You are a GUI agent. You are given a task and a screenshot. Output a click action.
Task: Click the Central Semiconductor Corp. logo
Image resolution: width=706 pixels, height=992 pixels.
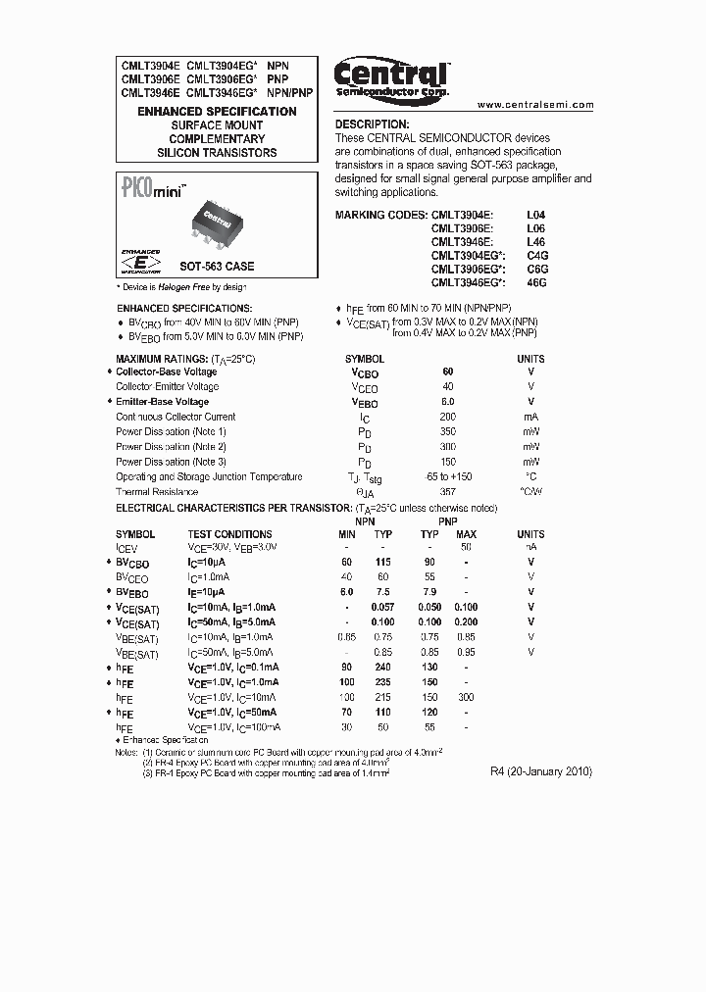(391, 77)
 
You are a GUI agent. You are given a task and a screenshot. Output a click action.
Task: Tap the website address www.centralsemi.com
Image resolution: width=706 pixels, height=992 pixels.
(536, 104)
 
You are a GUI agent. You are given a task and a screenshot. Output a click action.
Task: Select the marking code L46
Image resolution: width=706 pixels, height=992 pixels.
(535, 240)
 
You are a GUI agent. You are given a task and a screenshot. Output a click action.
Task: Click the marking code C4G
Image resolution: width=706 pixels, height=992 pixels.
(536, 254)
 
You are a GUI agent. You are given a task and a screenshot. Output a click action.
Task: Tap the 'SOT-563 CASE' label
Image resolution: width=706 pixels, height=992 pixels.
(217, 267)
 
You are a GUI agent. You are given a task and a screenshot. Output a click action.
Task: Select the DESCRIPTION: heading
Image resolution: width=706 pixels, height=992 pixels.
(372, 125)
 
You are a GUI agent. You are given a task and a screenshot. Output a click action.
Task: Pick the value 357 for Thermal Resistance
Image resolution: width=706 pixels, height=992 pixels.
(448, 492)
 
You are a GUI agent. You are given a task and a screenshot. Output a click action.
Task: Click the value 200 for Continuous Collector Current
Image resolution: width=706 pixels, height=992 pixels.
(448, 417)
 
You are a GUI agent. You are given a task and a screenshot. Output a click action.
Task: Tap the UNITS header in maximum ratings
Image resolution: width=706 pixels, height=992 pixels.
(530, 359)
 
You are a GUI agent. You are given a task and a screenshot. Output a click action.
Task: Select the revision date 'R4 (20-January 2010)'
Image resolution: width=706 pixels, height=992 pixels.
(541, 771)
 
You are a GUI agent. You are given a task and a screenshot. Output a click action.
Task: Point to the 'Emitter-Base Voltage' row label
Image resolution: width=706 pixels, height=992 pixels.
(162, 402)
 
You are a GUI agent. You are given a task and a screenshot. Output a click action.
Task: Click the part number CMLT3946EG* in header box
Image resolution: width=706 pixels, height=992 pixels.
(221, 93)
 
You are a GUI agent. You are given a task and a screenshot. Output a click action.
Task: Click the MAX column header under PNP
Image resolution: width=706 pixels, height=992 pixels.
(466, 534)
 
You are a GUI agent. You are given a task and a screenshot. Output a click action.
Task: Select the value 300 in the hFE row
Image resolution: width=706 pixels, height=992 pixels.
(466, 697)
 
